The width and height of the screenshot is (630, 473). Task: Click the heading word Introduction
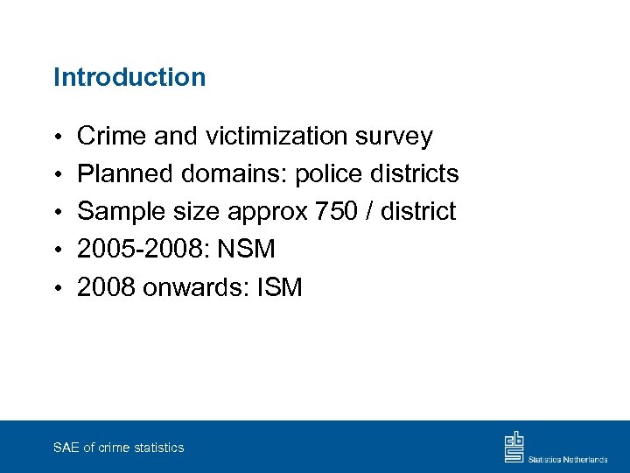pyautogui.click(x=129, y=77)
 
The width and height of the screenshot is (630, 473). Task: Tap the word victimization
pyautogui.click(x=280, y=136)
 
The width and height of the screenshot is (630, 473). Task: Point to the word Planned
pyautogui.click(x=126, y=173)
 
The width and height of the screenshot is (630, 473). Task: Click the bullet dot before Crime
pyautogui.click(x=58, y=138)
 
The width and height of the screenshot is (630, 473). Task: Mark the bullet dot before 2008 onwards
pyautogui.click(x=58, y=288)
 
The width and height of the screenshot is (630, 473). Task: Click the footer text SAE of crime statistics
pyautogui.click(x=118, y=448)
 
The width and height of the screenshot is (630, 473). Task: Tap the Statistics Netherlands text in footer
pyautogui.click(x=568, y=458)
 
